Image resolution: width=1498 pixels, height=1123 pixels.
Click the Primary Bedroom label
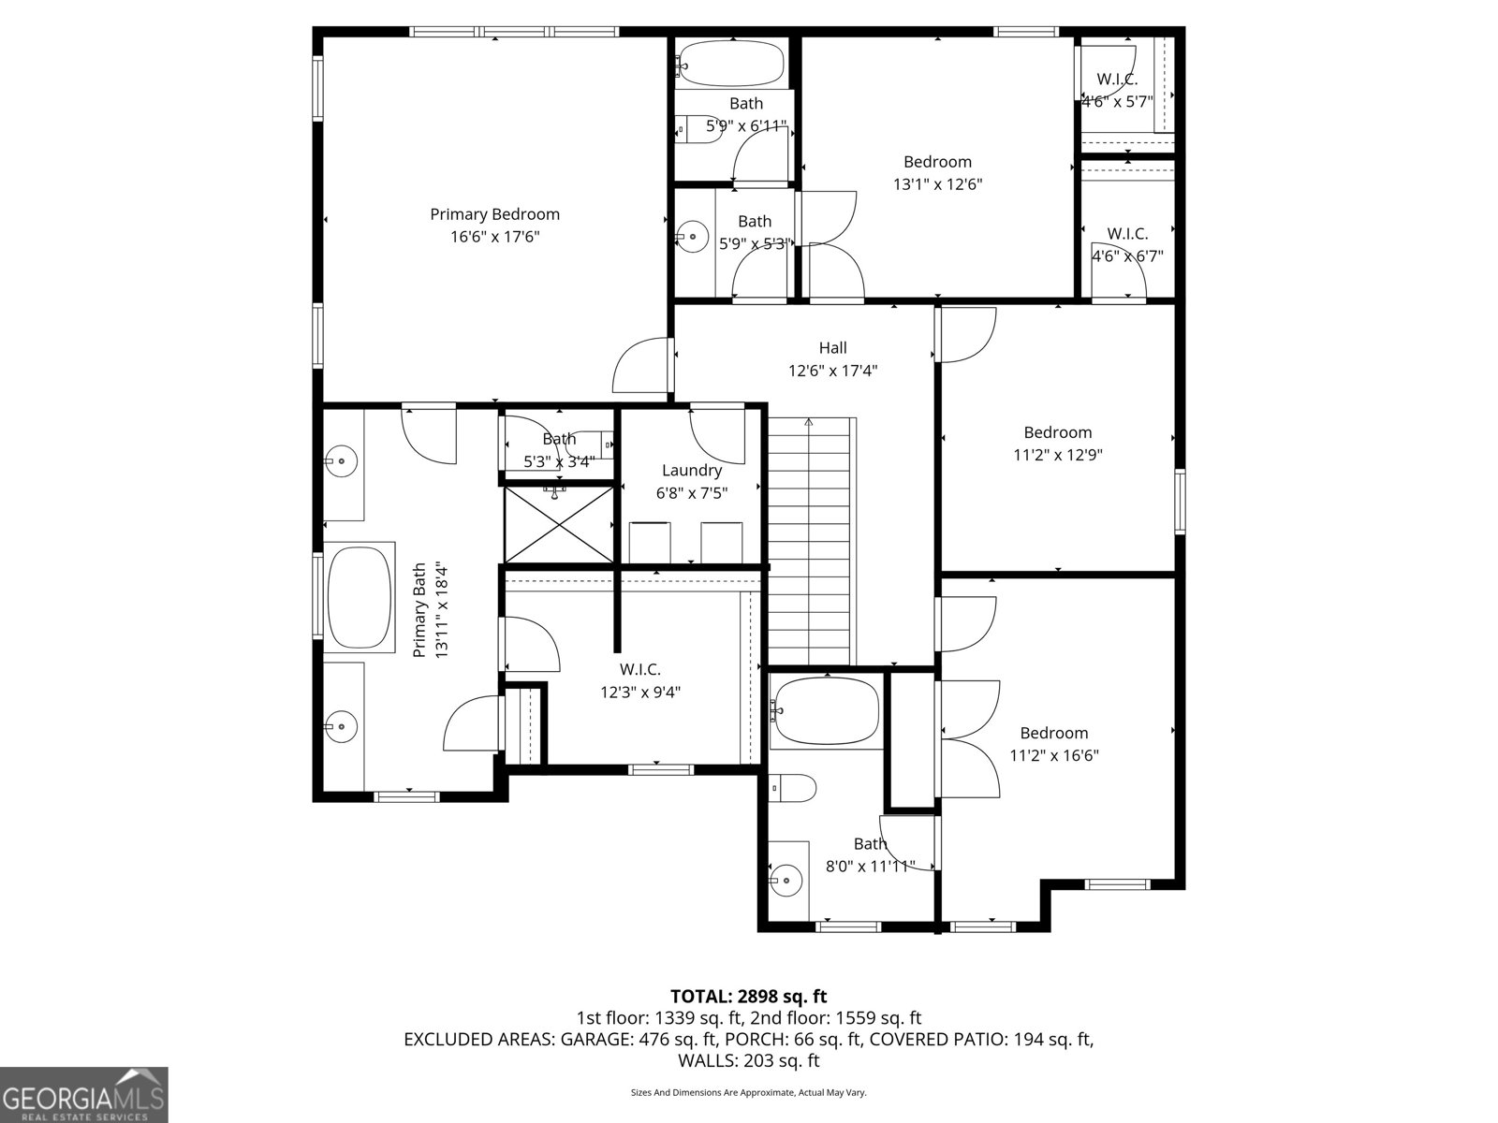[494, 214]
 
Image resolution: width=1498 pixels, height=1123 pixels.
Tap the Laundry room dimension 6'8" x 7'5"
[691, 492]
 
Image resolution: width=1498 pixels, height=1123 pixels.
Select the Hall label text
[832, 348]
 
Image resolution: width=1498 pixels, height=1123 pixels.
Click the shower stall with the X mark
[559, 524]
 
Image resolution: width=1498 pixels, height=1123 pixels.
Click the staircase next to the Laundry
[812, 543]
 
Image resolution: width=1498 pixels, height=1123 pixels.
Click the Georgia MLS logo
[83, 1094]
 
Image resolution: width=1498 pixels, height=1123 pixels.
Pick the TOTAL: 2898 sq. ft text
[748, 996]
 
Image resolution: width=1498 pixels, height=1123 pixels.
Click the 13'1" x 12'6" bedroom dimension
[937, 184]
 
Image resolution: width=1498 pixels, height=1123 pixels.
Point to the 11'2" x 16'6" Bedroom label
[1053, 733]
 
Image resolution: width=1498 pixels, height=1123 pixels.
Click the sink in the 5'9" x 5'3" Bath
[692, 237]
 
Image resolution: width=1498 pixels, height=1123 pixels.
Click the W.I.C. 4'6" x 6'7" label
[1127, 234]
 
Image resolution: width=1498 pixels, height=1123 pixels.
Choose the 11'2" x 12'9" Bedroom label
[1057, 432]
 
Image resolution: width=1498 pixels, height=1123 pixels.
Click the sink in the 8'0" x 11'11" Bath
[787, 880]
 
